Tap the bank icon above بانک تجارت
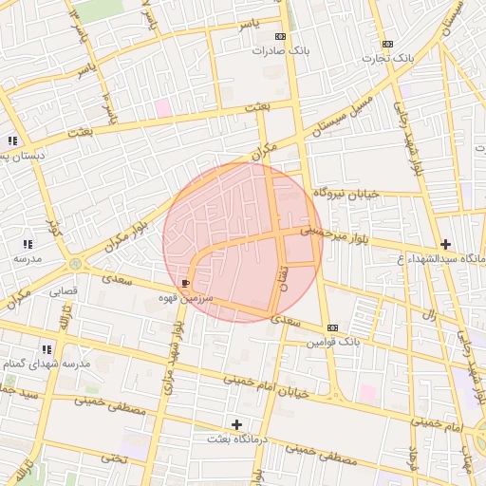coord(386,44)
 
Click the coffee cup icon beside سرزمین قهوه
coord(184,284)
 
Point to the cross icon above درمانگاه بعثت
coord(236,423)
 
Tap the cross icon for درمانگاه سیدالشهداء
coord(444,244)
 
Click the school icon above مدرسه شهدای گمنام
coord(47,349)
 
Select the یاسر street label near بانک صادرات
coord(247,21)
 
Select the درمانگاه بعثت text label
coord(240,439)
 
